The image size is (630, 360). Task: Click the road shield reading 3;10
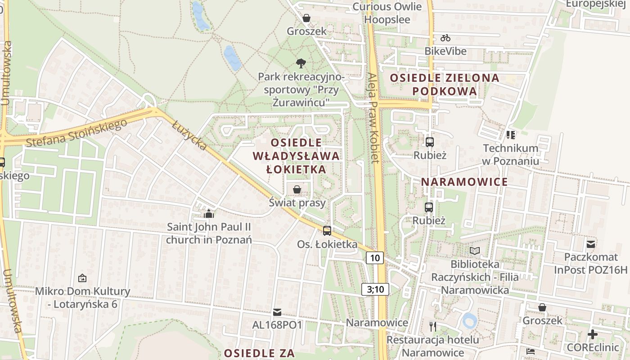[375, 289]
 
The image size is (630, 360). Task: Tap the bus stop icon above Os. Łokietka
[327, 230]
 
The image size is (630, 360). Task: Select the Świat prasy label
[297, 202]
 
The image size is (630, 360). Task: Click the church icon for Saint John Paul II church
[208, 213]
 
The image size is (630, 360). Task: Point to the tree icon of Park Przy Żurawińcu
[301, 63]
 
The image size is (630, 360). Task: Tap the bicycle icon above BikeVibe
[445, 38]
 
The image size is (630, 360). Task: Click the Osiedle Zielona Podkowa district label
[444, 84]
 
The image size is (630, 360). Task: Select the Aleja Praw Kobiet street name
[374, 118]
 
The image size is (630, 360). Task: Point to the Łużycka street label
[189, 135]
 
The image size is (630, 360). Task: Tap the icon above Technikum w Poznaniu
[510, 135]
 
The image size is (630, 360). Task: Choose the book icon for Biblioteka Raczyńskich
[475, 251]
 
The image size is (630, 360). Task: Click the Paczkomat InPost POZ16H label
[590, 263]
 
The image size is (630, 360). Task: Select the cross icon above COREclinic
[593, 334]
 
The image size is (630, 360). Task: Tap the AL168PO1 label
[277, 324]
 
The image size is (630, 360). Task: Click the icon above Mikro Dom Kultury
[82, 278]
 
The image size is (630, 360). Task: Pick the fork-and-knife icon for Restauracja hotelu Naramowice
[433, 326]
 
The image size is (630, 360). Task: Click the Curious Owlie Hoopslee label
[387, 13]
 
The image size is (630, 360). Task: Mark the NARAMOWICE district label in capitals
[464, 182]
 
